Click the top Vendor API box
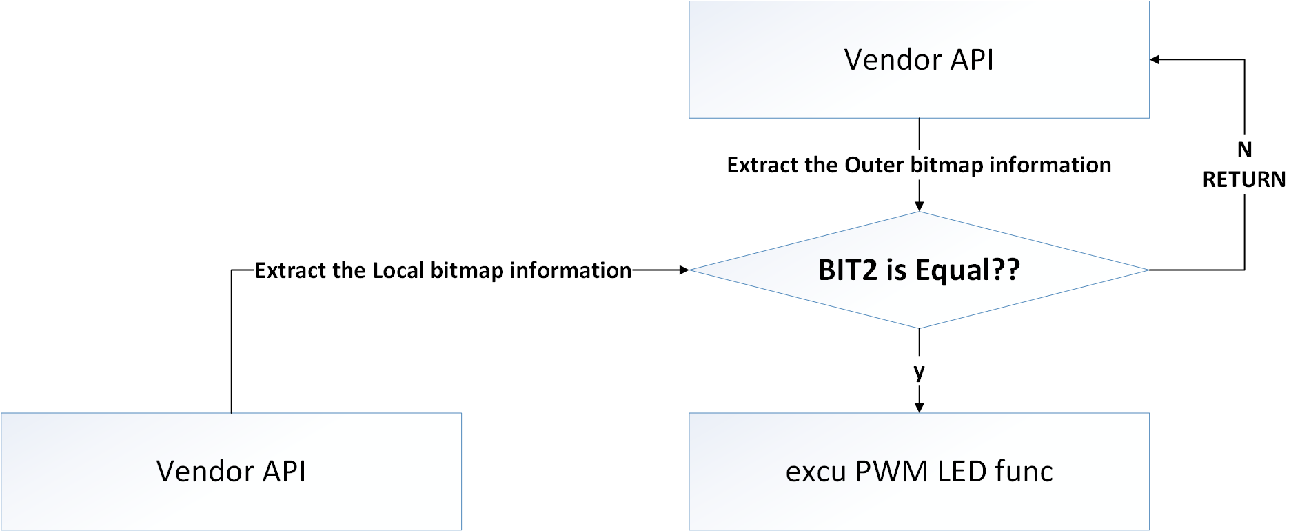(x=919, y=59)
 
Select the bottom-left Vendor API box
(x=231, y=472)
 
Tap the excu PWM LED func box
(x=919, y=472)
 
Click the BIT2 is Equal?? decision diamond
(x=919, y=270)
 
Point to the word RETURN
(x=1243, y=179)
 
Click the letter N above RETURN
(x=1244, y=150)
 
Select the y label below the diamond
(x=919, y=372)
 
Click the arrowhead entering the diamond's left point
(x=684, y=270)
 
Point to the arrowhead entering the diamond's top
(x=919, y=206)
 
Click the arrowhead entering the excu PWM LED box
(x=919, y=408)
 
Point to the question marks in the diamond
(x=1006, y=270)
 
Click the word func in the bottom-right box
(x=1024, y=472)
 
